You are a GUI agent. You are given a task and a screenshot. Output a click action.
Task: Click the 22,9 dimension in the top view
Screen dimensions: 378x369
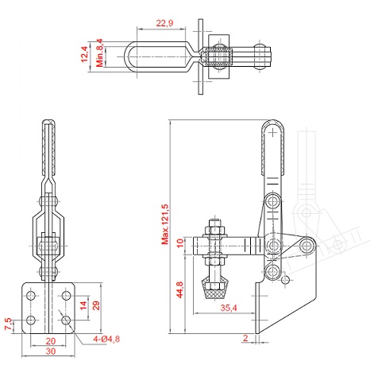tap(164, 23)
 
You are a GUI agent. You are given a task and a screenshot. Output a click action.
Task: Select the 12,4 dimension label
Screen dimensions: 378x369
tap(84, 54)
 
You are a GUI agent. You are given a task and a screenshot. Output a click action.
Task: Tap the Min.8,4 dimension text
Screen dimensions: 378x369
tap(99, 52)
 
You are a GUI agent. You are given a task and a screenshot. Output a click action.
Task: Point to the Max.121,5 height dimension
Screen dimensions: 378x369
tap(165, 224)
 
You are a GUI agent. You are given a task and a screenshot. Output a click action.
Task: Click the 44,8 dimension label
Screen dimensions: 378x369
tap(179, 289)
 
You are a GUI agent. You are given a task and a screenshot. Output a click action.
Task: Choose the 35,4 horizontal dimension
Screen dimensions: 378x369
tap(229, 308)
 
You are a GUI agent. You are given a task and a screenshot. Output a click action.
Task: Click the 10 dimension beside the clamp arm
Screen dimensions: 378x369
tap(180, 243)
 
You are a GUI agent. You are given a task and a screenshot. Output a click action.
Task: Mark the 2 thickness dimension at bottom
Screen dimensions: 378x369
tap(245, 338)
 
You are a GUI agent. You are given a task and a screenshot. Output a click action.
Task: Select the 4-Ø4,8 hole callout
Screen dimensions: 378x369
tap(106, 339)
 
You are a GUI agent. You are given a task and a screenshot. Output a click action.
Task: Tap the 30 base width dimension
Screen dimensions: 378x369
tap(51, 352)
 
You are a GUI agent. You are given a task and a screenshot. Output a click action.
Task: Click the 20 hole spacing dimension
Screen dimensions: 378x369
tap(51, 341)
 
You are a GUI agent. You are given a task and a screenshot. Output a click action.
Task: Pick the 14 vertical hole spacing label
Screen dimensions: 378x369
tap(83, 305)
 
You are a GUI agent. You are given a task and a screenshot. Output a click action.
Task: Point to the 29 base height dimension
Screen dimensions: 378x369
tap(96, 305)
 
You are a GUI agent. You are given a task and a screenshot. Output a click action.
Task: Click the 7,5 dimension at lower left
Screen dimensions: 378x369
tap(8, 324)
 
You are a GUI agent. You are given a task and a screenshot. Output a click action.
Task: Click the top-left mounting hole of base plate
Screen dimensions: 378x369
tap(31, 295)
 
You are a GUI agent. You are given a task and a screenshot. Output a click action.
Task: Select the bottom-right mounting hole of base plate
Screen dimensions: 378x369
tap(66, 320)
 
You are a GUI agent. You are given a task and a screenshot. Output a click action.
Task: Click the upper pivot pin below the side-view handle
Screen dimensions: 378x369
tap(272, 201)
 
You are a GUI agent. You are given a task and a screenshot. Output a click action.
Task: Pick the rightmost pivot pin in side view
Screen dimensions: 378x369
tap(307, 246)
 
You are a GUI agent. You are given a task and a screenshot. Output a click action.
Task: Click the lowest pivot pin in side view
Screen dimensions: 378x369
tap(272, 271)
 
